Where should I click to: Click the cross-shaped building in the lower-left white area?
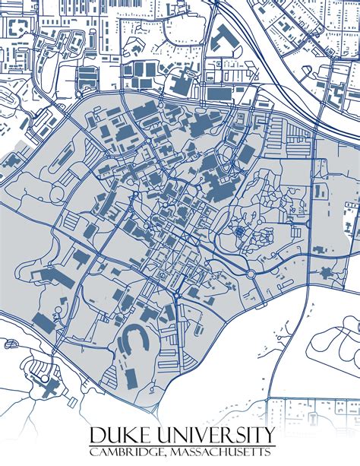point(49,386)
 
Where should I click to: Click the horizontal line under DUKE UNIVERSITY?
point(182,445)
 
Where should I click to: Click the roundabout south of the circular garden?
point(251,272)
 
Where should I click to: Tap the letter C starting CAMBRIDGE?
point(94,452)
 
